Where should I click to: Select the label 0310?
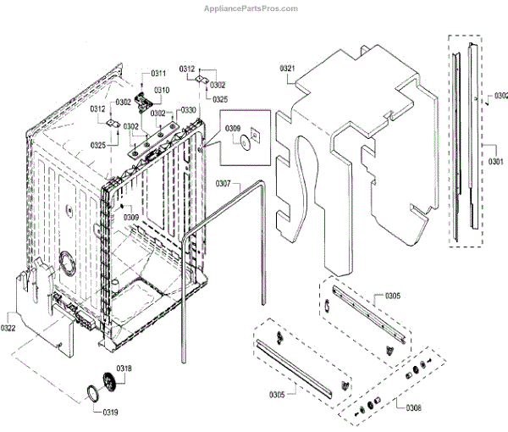[x=161, y=90]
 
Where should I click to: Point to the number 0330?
[x=188, y=110]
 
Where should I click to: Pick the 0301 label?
[x=495, y=159]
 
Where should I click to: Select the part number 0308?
[x=413, y=408]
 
